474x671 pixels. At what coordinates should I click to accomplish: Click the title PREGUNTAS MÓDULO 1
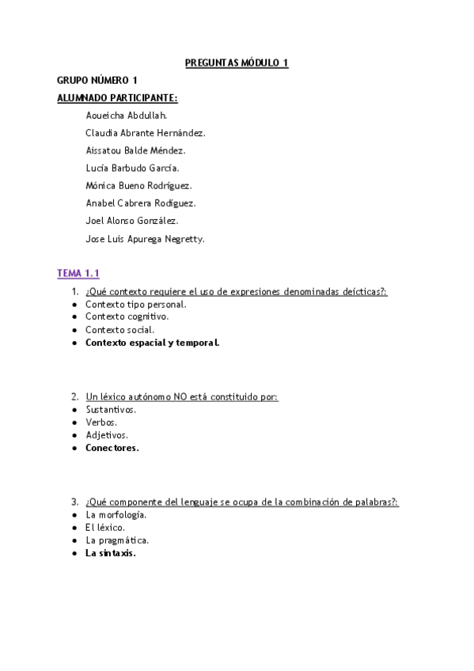click(x=237, y=63)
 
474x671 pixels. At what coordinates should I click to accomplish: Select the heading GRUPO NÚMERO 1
click(x=97, y=81)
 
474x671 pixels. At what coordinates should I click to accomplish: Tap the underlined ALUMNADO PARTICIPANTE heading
click(x=117, y=98)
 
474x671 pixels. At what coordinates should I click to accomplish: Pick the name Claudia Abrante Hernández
click(x=145, y=133)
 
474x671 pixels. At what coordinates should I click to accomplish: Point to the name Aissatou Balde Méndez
click(x=135, y=150)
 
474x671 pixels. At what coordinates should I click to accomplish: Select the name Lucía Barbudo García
click(x=132, y=168)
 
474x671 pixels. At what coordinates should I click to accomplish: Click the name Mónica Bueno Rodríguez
click(x=138, y=185)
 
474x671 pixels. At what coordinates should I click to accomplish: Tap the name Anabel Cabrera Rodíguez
click(x=140, y=203)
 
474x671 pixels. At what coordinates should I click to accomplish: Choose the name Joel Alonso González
click(x=131, y=220)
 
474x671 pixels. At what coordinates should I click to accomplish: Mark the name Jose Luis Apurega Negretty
click(x=145, y=238)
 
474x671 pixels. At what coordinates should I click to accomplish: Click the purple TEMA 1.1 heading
click(x=78, y=273)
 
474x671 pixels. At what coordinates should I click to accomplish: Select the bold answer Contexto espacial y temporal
click(x=152, y=343)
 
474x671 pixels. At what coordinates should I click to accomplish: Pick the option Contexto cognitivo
click(x=127, y=317)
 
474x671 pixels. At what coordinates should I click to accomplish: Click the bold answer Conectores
click(x=112, y=448)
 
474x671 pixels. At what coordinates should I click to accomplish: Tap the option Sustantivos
click(x=111, y=410)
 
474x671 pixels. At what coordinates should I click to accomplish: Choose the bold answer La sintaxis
click(x=110, y=553)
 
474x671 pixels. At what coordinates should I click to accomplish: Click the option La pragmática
click(x=117, y=540)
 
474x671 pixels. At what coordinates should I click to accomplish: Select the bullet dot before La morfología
click(x=74, y=515)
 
